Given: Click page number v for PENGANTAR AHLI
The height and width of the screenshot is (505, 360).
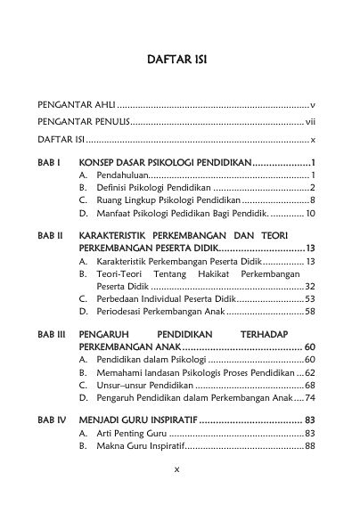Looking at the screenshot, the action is (x=312, y=105).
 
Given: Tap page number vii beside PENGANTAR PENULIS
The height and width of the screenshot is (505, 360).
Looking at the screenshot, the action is (x=310, y=123).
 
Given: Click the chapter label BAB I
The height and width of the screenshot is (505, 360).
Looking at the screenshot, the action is (x=47, y=164).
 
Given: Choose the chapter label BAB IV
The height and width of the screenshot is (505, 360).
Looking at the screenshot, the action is (x=50, y=418).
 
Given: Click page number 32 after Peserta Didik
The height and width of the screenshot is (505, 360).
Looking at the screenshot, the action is (x=309, y=287).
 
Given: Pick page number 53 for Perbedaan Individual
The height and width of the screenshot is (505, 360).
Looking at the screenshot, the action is (x=309, y=299).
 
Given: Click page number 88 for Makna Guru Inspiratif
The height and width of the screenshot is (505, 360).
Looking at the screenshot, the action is (x=309, y=445).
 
